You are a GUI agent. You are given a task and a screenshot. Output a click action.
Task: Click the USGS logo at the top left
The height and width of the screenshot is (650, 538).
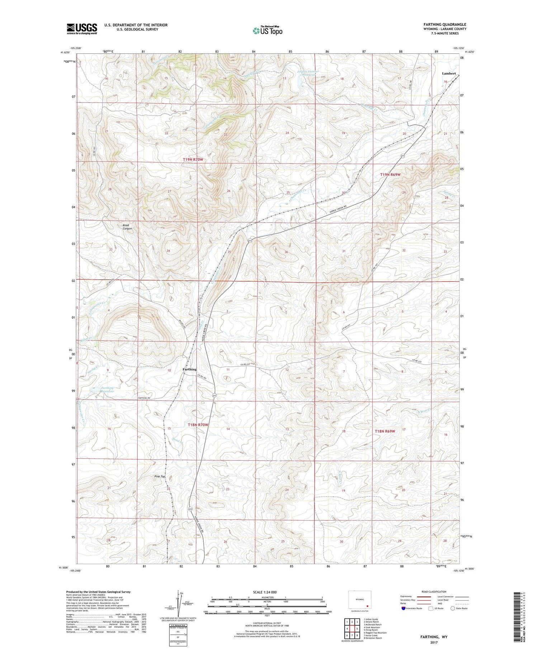[82, 29]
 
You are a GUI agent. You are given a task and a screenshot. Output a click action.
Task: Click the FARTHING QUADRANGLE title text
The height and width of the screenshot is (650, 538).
[445, 25]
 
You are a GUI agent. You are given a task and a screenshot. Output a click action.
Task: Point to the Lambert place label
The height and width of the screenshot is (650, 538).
[448, 73]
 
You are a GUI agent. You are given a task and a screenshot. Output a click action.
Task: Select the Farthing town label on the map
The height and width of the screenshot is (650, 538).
[189, 369]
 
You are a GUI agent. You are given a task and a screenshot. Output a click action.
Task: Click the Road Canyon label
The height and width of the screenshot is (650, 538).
[127, 227]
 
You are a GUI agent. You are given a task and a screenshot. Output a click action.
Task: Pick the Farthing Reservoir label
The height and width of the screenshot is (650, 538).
[107, 389]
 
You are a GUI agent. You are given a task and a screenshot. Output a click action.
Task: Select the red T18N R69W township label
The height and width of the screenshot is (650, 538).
[384, 431]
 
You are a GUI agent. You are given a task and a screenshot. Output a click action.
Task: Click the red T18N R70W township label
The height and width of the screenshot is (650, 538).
[198, 425]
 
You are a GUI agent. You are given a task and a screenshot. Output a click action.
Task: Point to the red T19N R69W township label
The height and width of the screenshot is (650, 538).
[390, 175]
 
